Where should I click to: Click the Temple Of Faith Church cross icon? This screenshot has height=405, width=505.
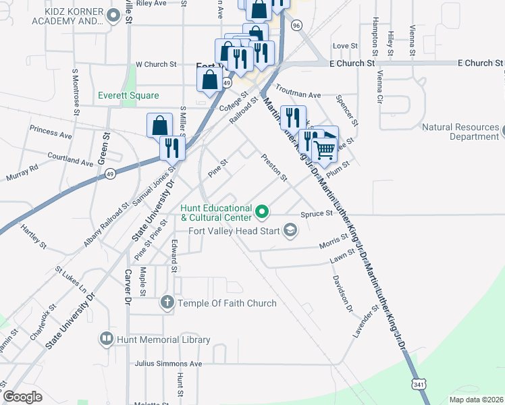pyautogui.click(x=167, y=303)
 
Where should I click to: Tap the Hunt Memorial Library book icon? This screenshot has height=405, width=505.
pyautogui.click(x=106, y=340)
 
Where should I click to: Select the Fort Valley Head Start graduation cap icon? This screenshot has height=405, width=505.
pyautogui.click(x=290, y=232)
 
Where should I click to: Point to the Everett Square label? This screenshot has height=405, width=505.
pyautogui.click(x=128, y=96)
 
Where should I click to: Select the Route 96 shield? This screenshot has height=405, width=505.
pyautogui.click(x=296, y=25)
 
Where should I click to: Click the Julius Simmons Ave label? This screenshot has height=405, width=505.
pyautogui.click(x=168, y=364)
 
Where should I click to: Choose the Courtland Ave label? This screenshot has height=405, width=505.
pyautogui.click(x=70, y=159)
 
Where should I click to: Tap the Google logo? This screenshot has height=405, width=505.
pyautogui.click(x=22, y=396)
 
